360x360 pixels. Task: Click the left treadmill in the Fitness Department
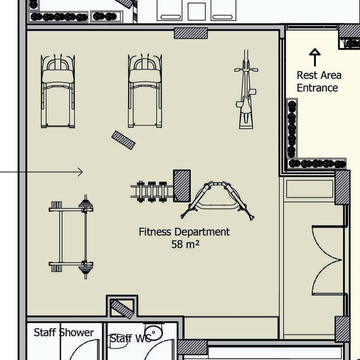pos(58,91)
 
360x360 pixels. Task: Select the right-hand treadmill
pos(145,91)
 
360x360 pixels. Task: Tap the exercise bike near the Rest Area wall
pos(246,89)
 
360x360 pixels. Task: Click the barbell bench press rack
pos(71,236)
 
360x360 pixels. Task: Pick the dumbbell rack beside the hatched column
pos(152,192)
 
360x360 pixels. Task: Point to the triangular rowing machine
pos(217,200)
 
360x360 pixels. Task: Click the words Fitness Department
pos(184,232)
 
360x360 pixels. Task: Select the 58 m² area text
pos(185,244)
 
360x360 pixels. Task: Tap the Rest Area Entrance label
pos(319,81)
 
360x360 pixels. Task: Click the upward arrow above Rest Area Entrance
pos(315,57)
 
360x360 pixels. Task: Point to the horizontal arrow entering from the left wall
pos(41,172)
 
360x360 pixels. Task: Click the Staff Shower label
pos(64,333)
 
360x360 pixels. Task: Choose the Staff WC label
pos(130,338)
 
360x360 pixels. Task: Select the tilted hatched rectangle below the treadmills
pos(123,140)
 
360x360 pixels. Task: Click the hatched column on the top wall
pos(191,33)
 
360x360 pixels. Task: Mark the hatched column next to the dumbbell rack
pos(182,186)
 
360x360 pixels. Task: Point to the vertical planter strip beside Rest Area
pos(292,129)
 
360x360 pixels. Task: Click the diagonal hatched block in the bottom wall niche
pos(122,309)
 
